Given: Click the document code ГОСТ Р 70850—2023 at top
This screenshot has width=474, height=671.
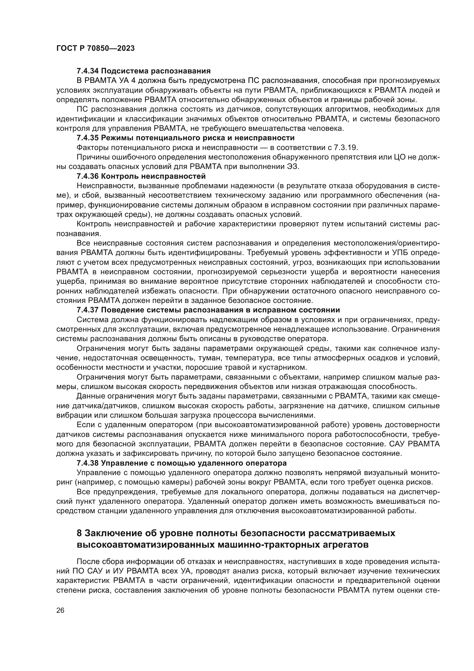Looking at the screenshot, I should tap(95, 48).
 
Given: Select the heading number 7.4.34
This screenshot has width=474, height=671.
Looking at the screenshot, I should tap(88, 71).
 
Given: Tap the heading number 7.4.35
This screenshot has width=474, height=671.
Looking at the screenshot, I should tap(88, 138).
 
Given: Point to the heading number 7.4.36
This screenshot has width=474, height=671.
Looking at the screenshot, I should tap(88, 176).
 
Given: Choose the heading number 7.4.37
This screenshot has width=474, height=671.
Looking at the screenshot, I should tap(88, 310).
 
